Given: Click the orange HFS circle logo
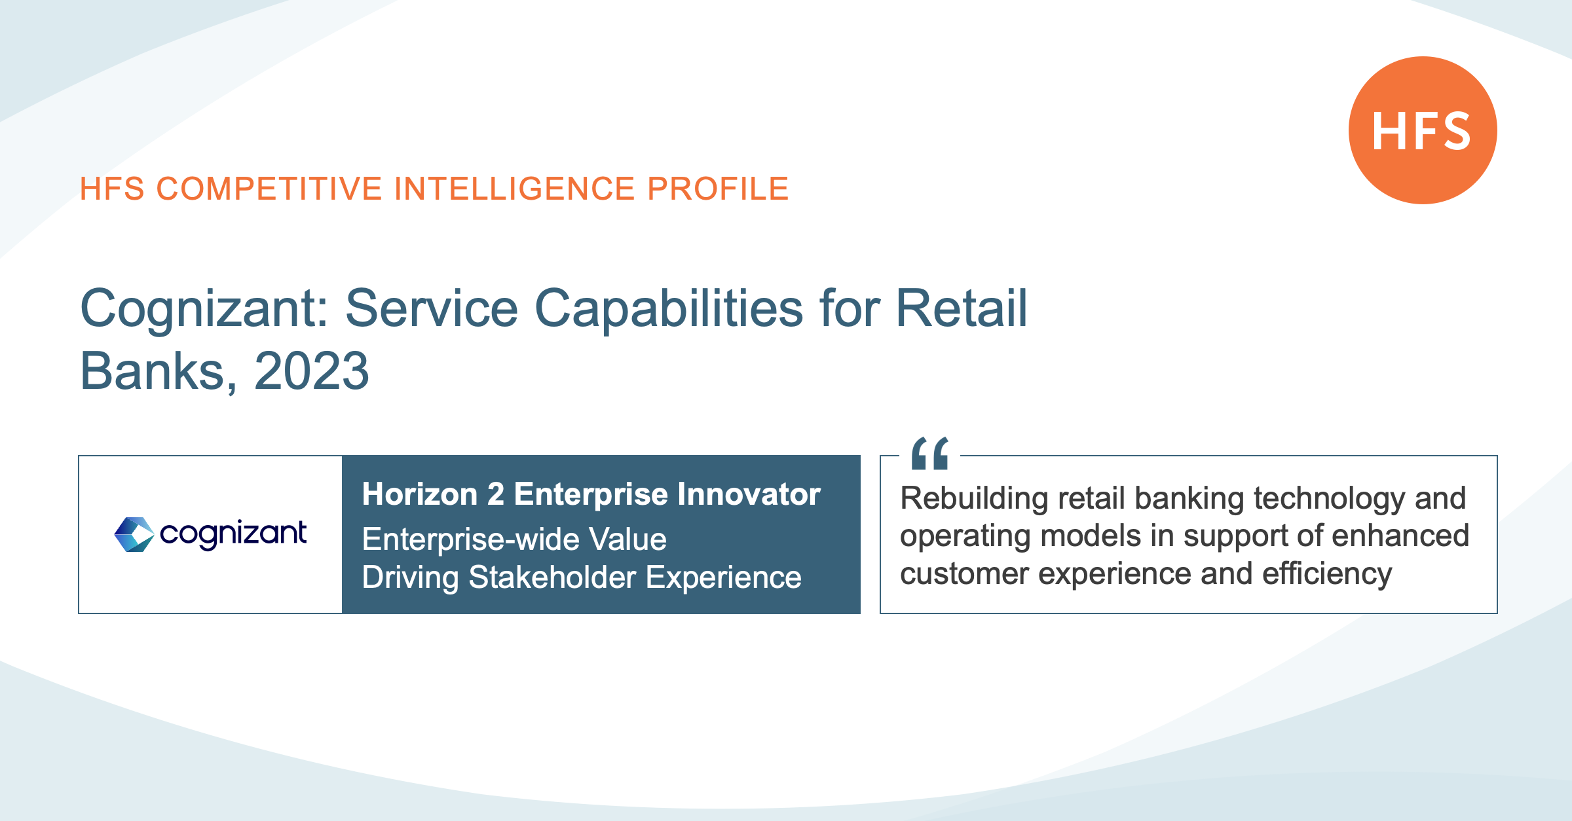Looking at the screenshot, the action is point(1423,130).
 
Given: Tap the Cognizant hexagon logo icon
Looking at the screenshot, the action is point(134,534).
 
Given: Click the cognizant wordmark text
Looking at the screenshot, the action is point(233,534).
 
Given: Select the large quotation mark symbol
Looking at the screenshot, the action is point(930,453).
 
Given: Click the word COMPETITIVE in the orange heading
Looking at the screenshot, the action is point(269,189).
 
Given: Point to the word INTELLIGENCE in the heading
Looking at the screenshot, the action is point(515,189).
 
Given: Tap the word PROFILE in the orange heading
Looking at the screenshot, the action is point(718,189).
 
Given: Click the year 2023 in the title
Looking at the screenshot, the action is point(312,371).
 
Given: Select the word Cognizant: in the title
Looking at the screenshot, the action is point(204,309).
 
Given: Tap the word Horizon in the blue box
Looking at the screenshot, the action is point(420,494).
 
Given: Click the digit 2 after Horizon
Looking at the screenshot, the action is point(496,494).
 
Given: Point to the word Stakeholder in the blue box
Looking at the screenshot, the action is point(552,577).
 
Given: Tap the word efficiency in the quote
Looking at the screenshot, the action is point(1327,574).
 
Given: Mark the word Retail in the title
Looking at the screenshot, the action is point(962,309).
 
